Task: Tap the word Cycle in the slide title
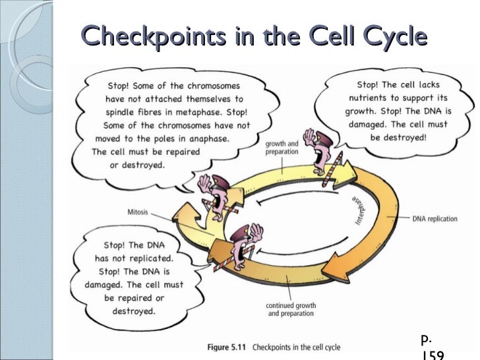click(x=387, y=36)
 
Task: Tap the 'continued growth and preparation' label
click(x=291, y=310)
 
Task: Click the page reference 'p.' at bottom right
click(x=426, y=340)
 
